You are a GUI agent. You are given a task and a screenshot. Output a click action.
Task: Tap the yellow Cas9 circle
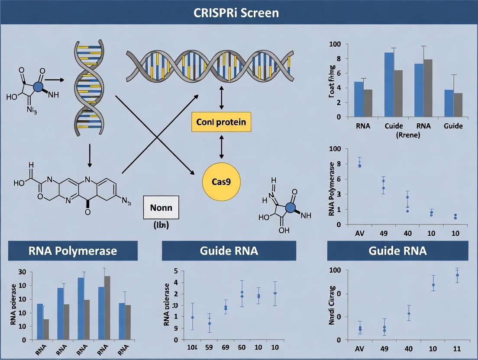click(221, 182)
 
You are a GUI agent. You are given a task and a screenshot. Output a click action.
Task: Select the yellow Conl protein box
click(221, 122)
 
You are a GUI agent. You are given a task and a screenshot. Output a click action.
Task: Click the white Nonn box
click(161, 207)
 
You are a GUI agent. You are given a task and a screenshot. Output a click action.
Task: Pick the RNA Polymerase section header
click(73, 251)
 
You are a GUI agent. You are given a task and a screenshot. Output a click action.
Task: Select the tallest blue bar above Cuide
click(389, 84)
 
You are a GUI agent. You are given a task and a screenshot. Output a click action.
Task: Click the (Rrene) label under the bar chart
click(394, 135)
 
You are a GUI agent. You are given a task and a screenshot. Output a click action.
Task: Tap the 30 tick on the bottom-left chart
click(22, 272)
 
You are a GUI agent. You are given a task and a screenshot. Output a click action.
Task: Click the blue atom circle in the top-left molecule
click(38, 87)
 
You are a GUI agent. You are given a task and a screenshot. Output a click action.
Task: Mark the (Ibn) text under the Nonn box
click(161, 225)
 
